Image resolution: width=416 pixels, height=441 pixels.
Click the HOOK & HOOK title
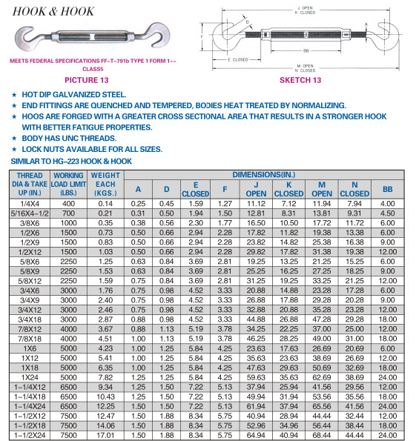coord(53,12)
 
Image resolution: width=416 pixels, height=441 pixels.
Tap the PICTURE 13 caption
coord(87,80)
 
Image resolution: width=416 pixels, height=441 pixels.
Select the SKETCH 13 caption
coord(300,80)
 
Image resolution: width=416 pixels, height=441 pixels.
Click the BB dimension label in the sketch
coord(306,51)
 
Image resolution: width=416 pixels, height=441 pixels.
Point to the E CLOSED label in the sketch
coord(238,59)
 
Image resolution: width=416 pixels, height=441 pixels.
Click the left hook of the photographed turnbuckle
coord(27,38)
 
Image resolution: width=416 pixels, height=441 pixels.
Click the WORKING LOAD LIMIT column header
coord(68,185)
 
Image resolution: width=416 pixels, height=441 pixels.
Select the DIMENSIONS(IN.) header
coord(264,175)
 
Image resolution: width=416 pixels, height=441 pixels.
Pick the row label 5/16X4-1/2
coord(30,213)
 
